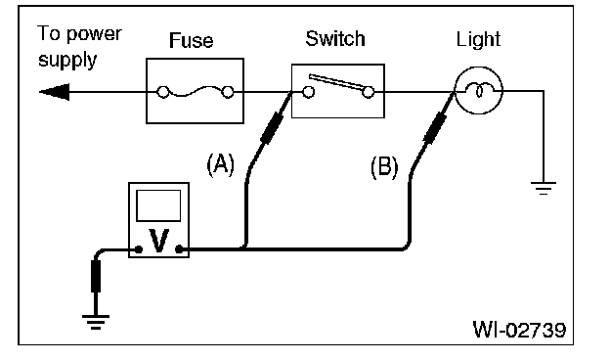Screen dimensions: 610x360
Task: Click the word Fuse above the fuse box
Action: coord(191,40)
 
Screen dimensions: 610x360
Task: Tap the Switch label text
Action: coord(335,38)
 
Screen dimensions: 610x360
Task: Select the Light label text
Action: coord(478,40)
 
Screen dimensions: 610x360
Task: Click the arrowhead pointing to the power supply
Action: coord(54,92)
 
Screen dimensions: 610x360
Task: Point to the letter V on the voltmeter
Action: coord(158,241)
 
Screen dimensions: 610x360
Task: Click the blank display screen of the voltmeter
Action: coord(158,205)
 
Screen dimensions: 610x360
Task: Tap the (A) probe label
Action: coord(221,164)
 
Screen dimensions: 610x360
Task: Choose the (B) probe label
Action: coord(384,167)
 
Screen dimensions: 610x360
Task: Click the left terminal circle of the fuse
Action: coord(162,92)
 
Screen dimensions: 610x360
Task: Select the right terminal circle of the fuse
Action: coord(228,92)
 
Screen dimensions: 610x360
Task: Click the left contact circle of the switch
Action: coord(309,92)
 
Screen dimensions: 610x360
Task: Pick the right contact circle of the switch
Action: coord(368,92)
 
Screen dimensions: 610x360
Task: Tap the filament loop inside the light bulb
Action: coord(479,91)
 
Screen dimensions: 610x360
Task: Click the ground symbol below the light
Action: coord(544,188)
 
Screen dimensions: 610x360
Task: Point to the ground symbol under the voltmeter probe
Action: coord(96,322)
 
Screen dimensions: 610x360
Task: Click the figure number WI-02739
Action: coord(519,330)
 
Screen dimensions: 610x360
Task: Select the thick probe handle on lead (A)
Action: coord(272,127)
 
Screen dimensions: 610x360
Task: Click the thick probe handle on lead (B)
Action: coord(435,127)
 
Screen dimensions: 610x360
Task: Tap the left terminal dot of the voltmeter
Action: coord(138,249)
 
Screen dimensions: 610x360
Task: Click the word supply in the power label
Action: coord(67,61)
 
